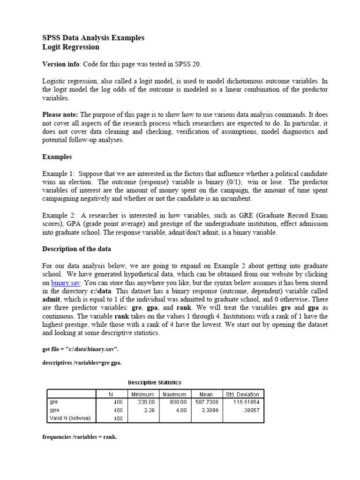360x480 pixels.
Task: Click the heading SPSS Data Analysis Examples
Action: click(x=93, y=38)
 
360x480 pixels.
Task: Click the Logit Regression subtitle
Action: click(x=71, y=47)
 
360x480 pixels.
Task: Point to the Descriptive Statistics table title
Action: click(x=155, y=383)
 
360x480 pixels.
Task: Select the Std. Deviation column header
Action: click(x=242, y=395)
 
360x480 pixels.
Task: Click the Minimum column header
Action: click(x=143, y=395)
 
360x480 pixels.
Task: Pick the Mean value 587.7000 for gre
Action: click(x=209, y=402)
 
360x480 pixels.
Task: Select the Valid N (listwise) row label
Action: click(x=70, y=418)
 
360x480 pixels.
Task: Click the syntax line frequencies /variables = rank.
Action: click(x=80, y=437)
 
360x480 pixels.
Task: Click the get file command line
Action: click(x=80, y=350)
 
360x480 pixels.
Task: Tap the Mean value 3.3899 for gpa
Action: click(x=210, y=410)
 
